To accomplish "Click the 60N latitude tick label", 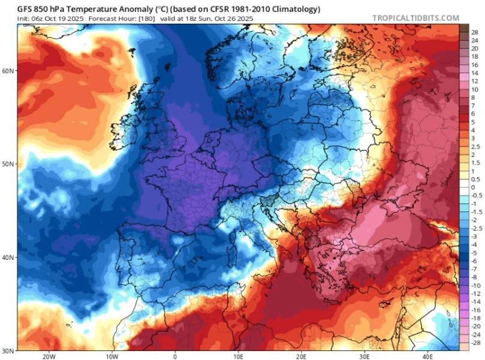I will (8, 70).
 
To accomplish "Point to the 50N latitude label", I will (8, 164).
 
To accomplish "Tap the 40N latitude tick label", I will (8, 257).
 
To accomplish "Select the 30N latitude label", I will (8, 350).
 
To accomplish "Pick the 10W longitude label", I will (112, 355).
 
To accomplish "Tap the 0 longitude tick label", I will (175, 355).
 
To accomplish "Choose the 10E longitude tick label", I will (238, 355).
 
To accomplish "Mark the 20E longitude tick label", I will (302, 355).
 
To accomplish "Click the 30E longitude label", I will (364, 355).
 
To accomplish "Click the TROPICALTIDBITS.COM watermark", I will (415, 18).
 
